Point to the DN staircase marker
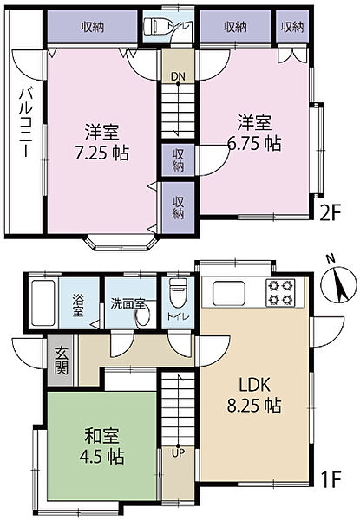(176, 75)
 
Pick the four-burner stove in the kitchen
(281, 293)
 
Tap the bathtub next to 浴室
(41, 300)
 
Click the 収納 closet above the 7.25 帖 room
(94, 27)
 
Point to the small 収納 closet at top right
(292, 26)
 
